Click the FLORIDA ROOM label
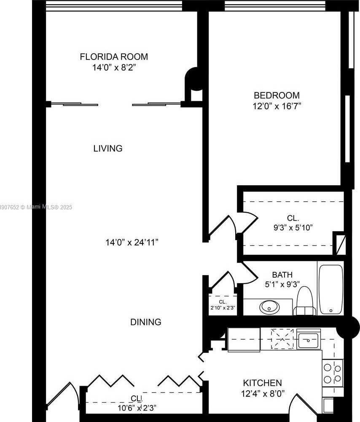point(114,57)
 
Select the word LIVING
point(107,149)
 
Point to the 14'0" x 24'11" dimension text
point(132,243)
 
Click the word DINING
point(145,322)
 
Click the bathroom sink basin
point(268,307)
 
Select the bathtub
point(331,289)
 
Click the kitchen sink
point(309,339)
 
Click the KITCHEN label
point(262,383)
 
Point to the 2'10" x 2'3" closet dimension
point(223,308)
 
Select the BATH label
point(282,275)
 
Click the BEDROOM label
point(276,95)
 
